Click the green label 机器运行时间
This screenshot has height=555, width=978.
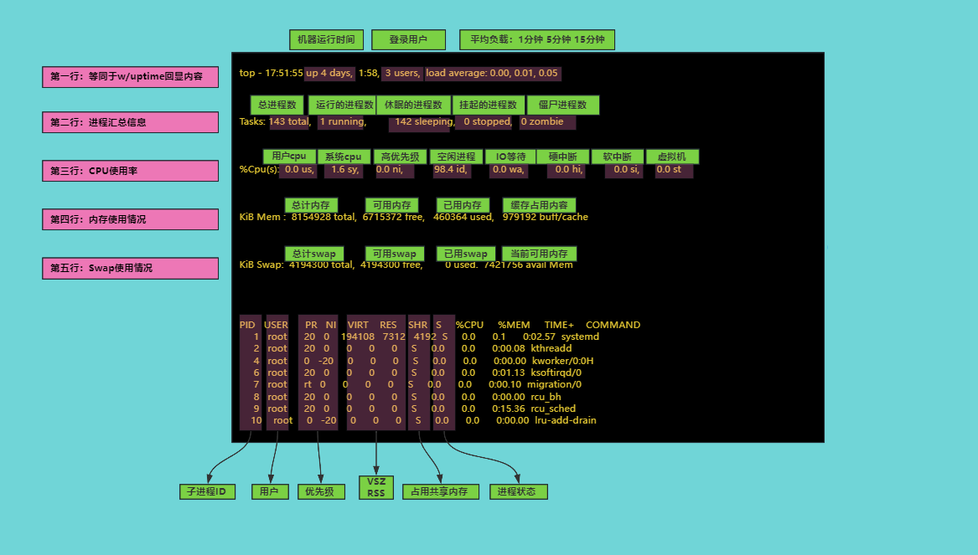pyautogui.click(x=326, y=39)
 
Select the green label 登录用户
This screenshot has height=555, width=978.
pyautogui.click(x=408, y=39)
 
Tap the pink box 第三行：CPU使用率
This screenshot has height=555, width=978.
pyautogui.click(x=131, y=171)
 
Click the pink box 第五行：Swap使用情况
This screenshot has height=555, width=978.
pyautogui.click(x=131, y=269)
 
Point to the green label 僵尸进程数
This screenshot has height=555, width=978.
pyautogui.click(x=562, y=105)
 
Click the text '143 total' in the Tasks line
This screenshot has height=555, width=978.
pyautogui.click(x=289, y=121)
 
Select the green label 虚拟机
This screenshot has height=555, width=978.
pyautogui.click(x=672, y=157)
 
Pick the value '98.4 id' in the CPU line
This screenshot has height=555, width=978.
pyautogui.click(x=450, y=169)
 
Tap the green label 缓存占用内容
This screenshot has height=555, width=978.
pyautogui.click(x=539, y=205)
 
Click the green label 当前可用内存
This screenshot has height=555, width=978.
pyautogui.click(x=539, y=254)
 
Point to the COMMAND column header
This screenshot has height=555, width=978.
pyautogui.click(x=613, y=325)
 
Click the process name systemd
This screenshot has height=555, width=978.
pyautogui.click(x=580, y=337)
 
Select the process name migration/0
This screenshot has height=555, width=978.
pyautogui.click(x=554, y=384)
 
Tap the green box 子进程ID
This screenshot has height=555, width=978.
pyautogui.click(x=207, y=491)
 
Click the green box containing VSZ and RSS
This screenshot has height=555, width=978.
pyautogui.click(x=376, y=487)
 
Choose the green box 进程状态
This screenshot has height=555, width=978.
pyautogui.click(x=518, y=491)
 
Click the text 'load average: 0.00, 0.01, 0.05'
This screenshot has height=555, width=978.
pyautogui.click(x=491, y=73)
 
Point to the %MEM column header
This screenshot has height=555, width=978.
pyautogui.click(x=514, y=325)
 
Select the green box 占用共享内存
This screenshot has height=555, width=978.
pyautogui.click(x=440, y=491)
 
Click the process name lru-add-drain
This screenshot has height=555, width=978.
pyautogui.click(x=565, y=420)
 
